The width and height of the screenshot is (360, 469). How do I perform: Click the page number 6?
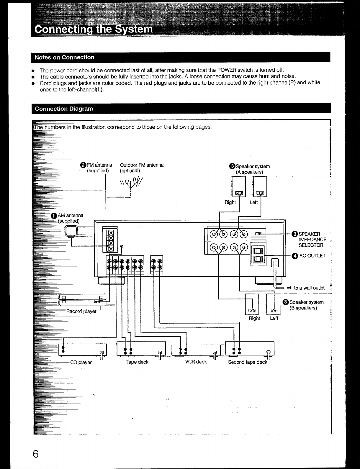pyautogui.click(x=36, y=453)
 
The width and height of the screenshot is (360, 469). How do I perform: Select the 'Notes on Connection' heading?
pyautogui.click(x=64, y=58)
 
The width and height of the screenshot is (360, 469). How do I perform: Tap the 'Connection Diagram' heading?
pyautogui.click(x=64, y=109)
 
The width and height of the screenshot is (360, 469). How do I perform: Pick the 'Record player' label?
pyautogui.click(x=81, y=311)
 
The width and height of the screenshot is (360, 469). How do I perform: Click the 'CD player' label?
pyautogui.click(x=81, y=363)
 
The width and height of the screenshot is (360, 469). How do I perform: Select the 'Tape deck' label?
pyautogui.click(x=137, y=362)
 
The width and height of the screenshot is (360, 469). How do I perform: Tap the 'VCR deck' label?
pyautogui.click(x=196, y=362)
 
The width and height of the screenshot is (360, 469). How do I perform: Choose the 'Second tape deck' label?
pyautogui.click(x=248, y=362)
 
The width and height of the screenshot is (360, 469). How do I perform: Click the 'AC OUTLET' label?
pyautogui.click(x=312, y=256)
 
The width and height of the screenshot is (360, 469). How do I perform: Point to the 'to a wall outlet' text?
pyautogui.click(x=309, y=288)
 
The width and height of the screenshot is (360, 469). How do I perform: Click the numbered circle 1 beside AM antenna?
pyautogui.click(x=54, y=216)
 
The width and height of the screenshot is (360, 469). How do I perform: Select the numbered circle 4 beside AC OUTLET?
pyautogui.click(x=294, y=256)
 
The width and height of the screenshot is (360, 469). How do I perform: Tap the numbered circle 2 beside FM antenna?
pyautogui.click(x=83, y=165)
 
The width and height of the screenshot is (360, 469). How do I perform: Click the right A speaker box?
pyautogui.click(x=238, y=186)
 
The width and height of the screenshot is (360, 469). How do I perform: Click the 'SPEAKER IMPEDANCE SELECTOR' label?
pyautogui.click(x=312, y=240)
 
